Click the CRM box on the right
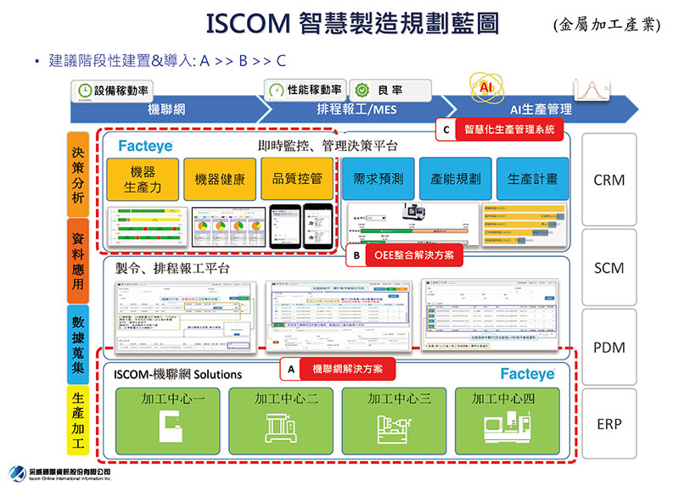(x=609, y=181)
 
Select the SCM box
(x=609, y=268)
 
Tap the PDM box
(x=609, y=349)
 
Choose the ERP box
(x=609, y=423)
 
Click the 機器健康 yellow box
(x=220, y=179)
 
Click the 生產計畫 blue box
(x=532, y=179)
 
